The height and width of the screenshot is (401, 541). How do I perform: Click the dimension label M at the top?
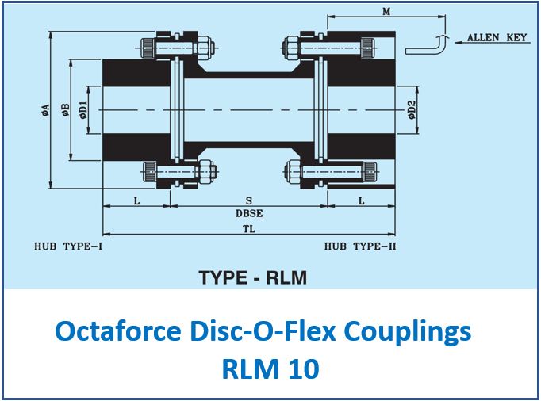click(386, 11)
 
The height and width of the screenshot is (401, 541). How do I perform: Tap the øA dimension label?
click(45, 110)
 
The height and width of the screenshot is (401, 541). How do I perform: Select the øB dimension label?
click(66, 110)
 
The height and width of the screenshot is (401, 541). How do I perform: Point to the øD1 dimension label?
click(83, 110)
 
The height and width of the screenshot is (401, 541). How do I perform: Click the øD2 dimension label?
click(411, 110)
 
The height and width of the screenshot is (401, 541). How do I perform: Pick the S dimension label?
click(249, 200)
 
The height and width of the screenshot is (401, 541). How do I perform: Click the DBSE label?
click(249, 213)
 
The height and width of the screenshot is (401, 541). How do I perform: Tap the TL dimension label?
click(249, 229)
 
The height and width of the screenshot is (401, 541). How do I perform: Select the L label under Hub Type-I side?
click(137, 200)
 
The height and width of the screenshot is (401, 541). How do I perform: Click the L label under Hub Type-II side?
click(361, 200)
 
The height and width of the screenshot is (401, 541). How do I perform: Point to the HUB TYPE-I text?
click(68, 246)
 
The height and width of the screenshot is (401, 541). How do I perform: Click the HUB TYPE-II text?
click(360, 246)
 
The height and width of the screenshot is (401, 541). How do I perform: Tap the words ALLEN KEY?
click(497, 37)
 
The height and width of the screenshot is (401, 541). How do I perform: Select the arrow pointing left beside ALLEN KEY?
click(493, 43)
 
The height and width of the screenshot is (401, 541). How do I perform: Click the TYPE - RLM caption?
click(252, 277)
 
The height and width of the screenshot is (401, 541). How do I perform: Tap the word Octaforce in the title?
click(118, 331)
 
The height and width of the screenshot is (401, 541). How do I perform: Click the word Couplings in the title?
click(408, 332)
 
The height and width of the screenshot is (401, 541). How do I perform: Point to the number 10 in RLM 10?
click(304, 369)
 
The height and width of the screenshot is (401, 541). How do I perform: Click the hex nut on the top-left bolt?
click(205, 48)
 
